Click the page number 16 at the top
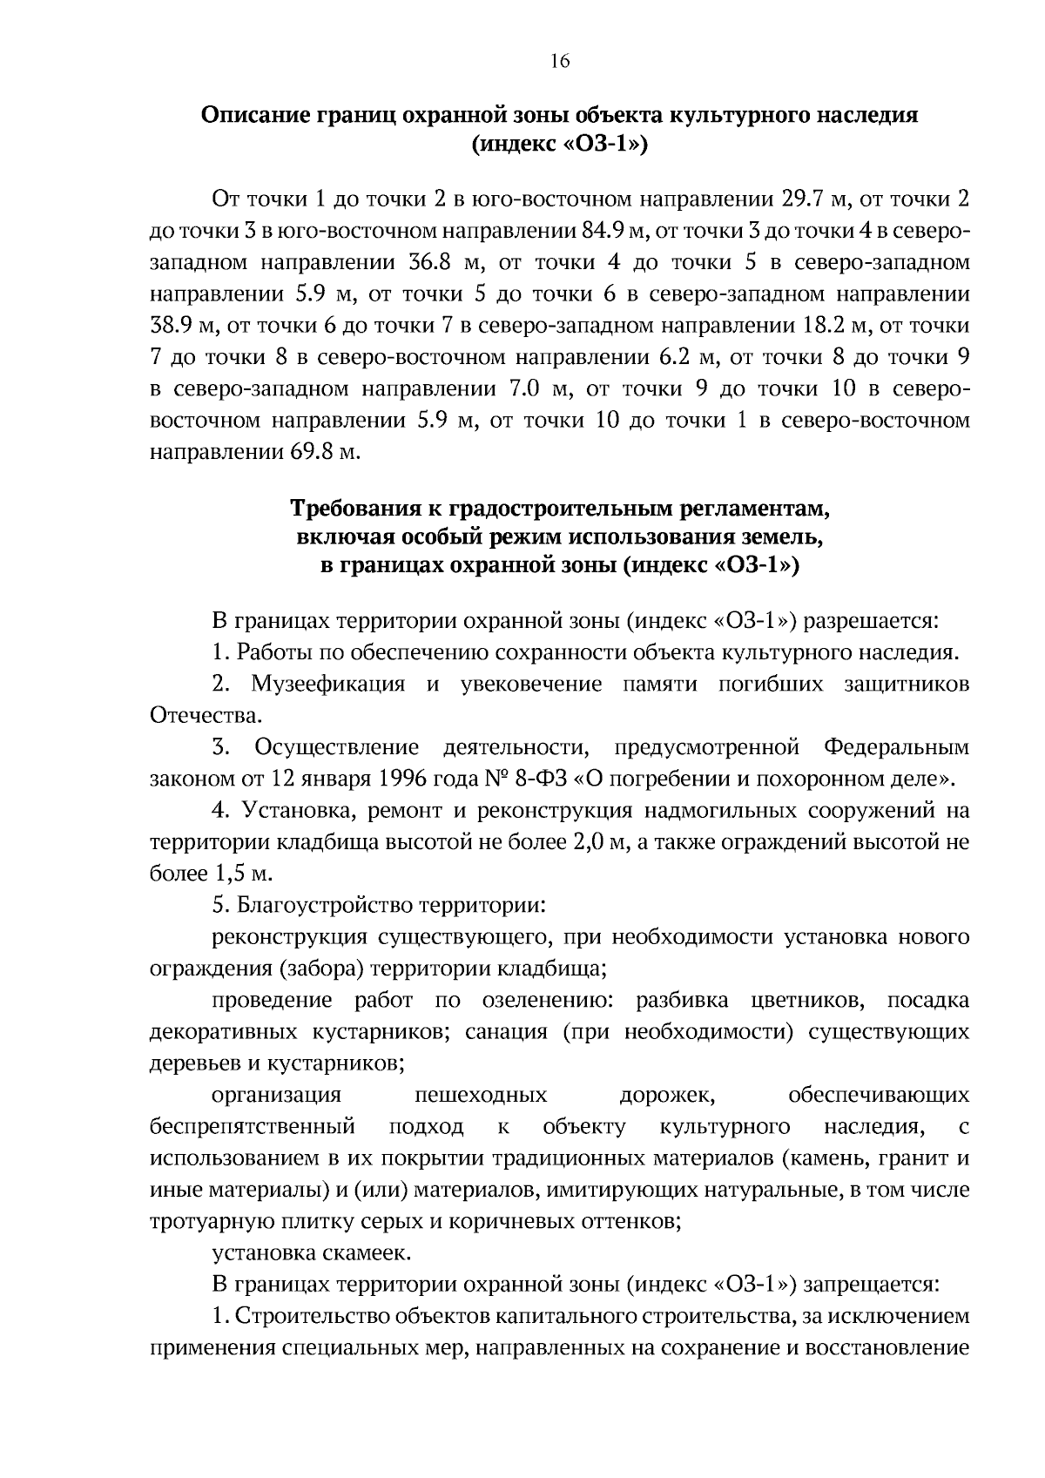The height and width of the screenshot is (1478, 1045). (559, 61)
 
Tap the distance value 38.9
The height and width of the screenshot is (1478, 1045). (172, 326)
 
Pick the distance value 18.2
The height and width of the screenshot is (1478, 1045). (822, 326)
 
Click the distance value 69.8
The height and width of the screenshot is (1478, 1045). (310, 453)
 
